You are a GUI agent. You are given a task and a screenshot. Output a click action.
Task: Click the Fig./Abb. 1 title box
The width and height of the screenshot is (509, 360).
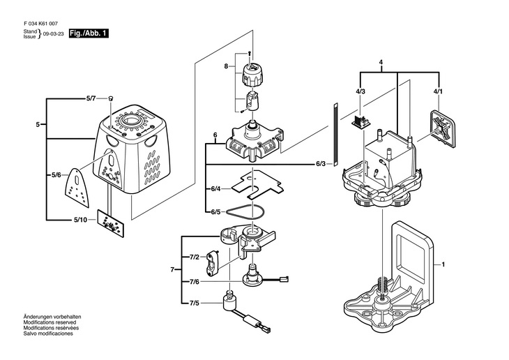pos(89,33)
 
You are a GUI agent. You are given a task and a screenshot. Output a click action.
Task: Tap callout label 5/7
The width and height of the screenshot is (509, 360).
pos(91,100)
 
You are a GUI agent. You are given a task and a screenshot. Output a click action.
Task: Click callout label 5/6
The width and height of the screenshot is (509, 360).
pos(56,174)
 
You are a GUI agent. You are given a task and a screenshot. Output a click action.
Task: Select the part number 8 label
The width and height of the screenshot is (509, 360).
pos(226,66)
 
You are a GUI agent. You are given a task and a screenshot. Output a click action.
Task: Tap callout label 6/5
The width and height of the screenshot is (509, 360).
pos(215,211)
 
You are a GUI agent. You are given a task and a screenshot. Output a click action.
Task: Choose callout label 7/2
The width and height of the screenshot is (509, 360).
pos(195,257)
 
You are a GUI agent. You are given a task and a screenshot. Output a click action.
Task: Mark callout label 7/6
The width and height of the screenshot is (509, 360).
pos(195,281)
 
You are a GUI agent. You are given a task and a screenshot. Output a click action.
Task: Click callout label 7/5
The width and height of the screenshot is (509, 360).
pos(195,303)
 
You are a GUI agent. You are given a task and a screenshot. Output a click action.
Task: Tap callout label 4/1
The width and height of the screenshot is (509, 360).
pos(437,91)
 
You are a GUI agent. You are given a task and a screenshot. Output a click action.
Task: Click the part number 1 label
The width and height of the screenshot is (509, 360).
pos(441,265)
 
